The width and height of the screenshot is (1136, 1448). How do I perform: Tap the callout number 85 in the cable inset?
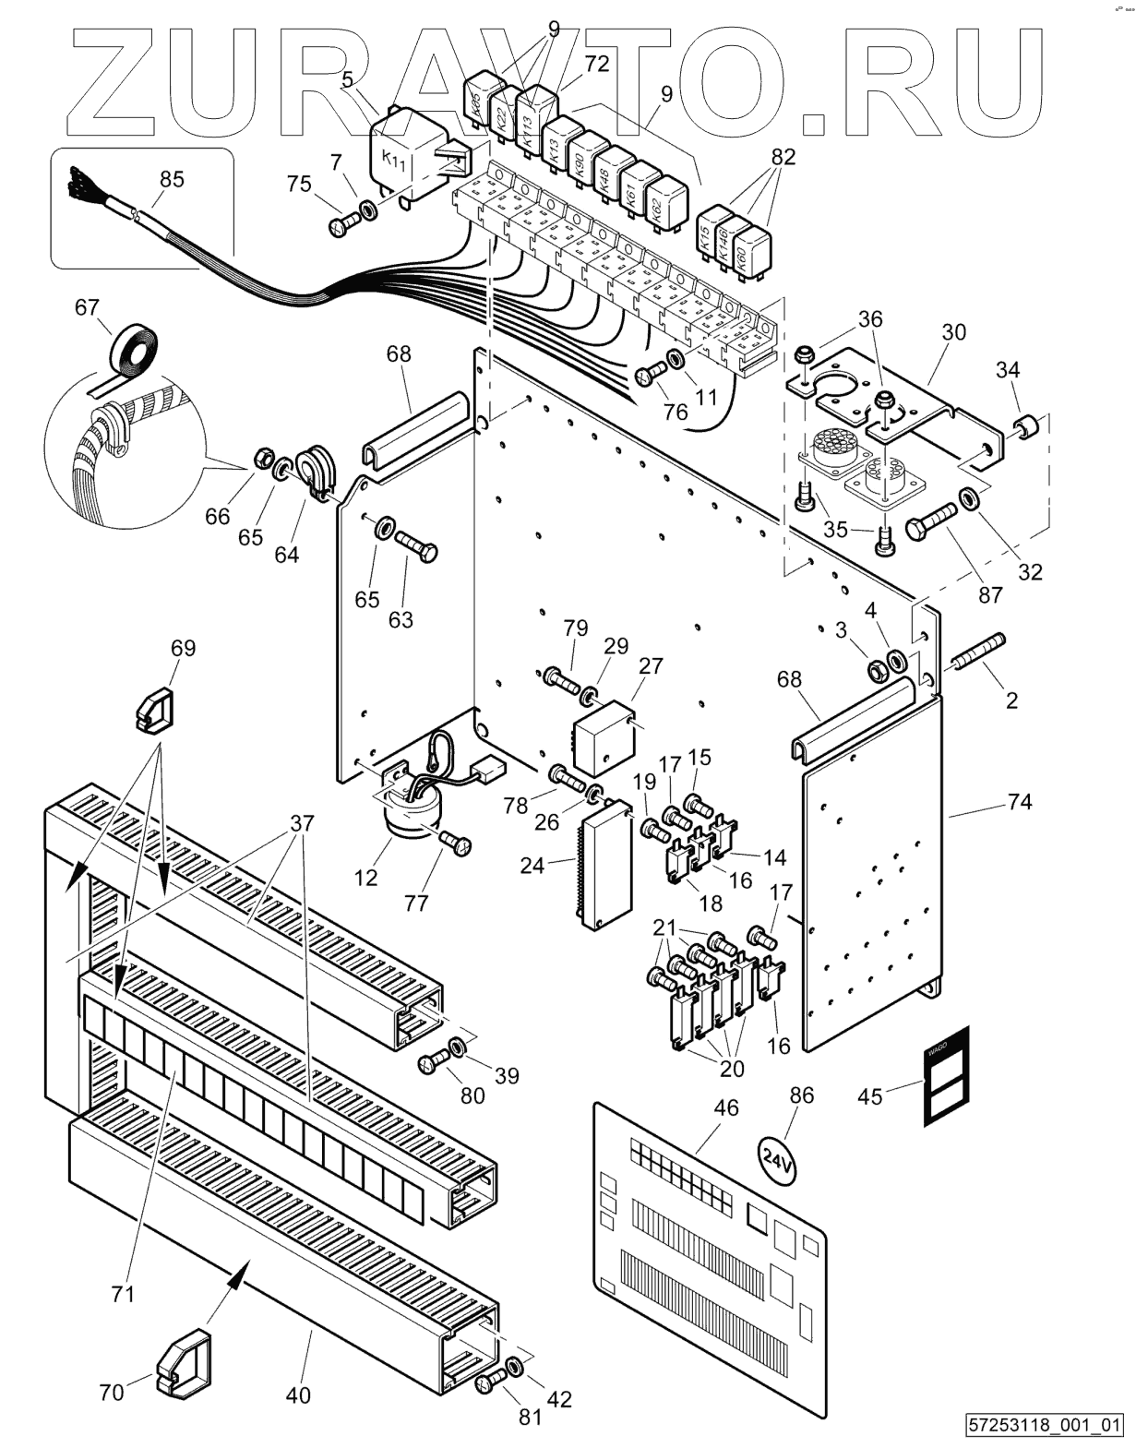(172, 178)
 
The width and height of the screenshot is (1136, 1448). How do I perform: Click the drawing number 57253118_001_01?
(1045, 1425)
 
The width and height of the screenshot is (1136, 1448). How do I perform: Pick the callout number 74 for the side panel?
(1019, 801)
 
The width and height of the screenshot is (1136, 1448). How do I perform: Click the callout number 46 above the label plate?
(726, 1107)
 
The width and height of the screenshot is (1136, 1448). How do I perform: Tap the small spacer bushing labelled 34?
(1028, 427)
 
